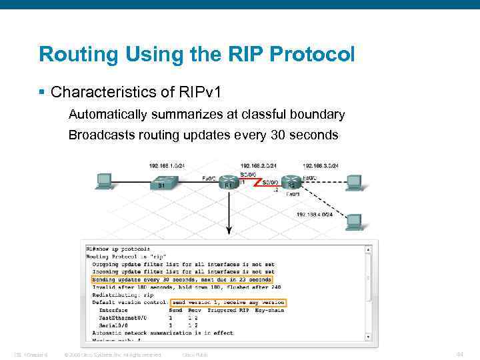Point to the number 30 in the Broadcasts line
(278, 135)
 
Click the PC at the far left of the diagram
(105, 181)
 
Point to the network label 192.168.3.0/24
(321, 165)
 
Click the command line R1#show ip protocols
(118, 249)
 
